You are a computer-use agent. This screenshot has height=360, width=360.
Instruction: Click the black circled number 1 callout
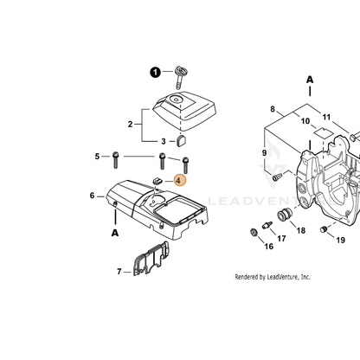pos(155,72)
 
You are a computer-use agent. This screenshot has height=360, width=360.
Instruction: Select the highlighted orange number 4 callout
pos(180,181)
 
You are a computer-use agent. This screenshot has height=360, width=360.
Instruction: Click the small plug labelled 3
pos(182,140)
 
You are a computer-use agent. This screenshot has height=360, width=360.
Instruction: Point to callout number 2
pos(130,125)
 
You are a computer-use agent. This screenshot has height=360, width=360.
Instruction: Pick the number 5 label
pos(97,157)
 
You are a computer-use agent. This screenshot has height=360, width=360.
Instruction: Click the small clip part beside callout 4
pos(157,181)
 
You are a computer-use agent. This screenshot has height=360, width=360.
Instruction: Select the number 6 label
pos(92,196)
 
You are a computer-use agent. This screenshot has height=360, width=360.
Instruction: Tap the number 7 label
pos(119,272)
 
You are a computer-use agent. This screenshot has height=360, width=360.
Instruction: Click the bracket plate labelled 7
pos(151,259)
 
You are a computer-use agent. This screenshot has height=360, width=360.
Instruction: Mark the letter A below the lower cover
pos(115,233)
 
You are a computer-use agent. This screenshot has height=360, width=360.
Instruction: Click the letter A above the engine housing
pos(310,80)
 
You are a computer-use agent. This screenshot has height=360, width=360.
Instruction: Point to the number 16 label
pos(269,247)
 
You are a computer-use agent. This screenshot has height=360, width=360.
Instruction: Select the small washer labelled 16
pos(254,232)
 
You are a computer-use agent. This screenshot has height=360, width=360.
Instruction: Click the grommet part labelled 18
pos(285,215)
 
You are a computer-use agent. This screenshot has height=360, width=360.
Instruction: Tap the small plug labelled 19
pos(324,229)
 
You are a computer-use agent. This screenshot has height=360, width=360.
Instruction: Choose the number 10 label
pos(305,121)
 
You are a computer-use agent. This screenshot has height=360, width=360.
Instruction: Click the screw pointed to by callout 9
pos(277,176)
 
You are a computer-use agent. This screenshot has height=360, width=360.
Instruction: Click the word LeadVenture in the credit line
pos(284,277)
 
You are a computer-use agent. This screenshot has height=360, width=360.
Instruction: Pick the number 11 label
pos(326,117)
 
